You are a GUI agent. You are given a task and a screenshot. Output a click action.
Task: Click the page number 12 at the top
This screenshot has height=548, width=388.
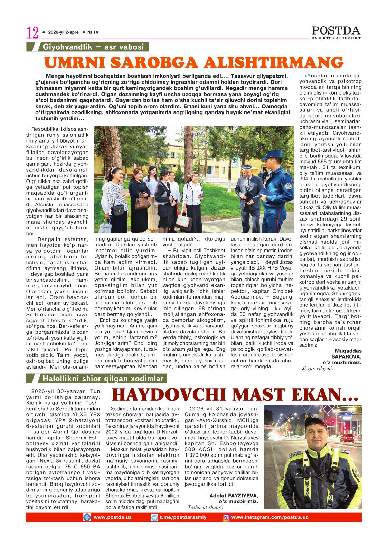[x=33, y=33]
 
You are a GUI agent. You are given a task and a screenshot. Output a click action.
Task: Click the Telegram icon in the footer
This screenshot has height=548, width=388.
[x=154, y=517]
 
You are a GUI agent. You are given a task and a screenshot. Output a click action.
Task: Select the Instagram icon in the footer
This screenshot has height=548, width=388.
[x=226, y=517]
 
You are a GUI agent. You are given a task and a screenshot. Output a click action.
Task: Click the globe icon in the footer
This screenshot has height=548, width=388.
[x=87, y=517]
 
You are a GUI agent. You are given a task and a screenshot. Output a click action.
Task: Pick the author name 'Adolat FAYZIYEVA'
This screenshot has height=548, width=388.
[x=234, y=496]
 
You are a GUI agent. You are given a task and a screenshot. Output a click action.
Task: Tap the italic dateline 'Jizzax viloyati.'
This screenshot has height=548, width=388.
[x=317, y=368]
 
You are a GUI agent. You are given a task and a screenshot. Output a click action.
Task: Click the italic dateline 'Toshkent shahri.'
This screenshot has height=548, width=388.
[x=205, y=507]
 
